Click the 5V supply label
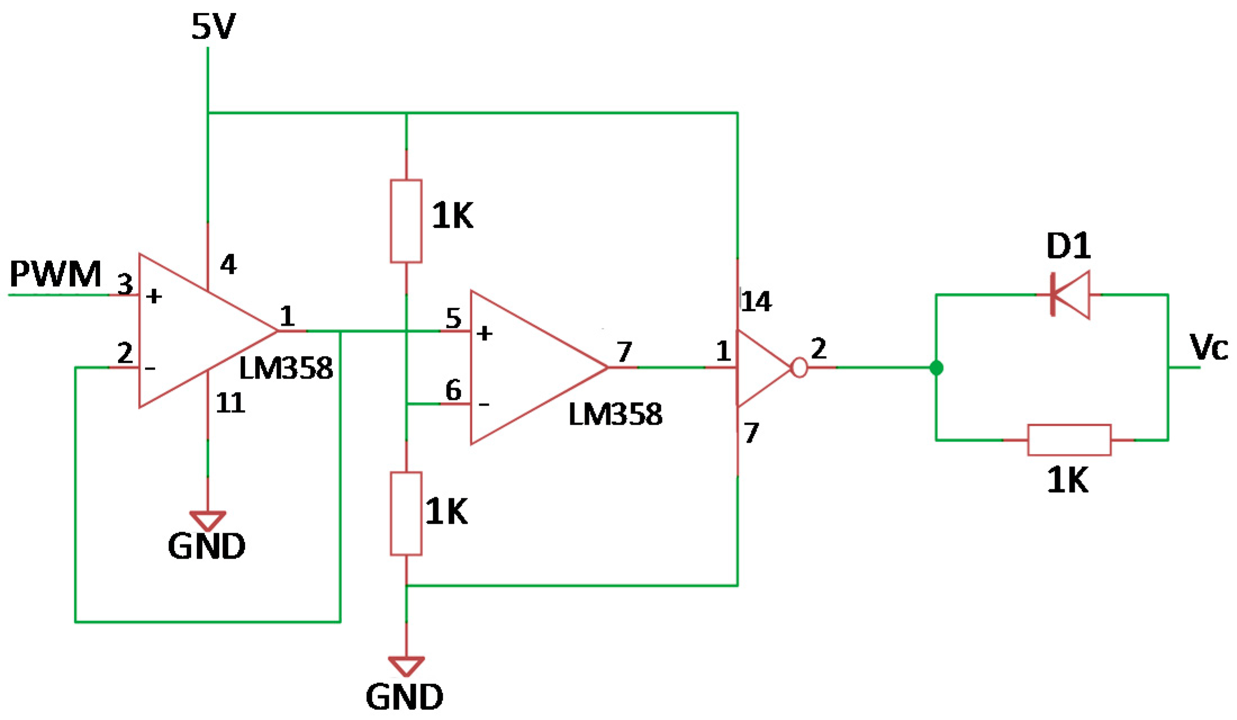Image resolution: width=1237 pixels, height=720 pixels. click(213, 27)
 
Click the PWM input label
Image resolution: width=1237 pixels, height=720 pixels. click(55, 274)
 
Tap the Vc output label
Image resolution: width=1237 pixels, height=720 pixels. click(1208, 347)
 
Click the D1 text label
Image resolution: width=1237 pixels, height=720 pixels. click(1068, 246)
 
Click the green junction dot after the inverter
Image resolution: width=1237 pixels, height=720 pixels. click(936, 368)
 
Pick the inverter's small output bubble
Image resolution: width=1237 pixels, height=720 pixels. click(799, 368)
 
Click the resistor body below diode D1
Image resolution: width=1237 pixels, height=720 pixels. click(1069, 440)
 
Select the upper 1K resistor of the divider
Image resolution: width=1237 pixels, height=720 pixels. click(406, 221)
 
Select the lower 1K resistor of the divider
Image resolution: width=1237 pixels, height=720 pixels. click(406, 514)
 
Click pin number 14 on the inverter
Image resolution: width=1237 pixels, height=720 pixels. click(756, 302)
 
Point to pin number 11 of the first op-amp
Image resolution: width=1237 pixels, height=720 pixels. click(230, 403)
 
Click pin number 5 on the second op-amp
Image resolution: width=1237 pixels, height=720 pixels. click(453, 318)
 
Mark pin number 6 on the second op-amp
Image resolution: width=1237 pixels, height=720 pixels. click(453, 390)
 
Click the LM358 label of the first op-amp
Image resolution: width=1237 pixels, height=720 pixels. click(286, 369)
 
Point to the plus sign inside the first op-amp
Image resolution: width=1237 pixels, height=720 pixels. click(154, 296)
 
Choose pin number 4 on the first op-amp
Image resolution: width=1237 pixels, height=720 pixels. click(228, 264)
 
